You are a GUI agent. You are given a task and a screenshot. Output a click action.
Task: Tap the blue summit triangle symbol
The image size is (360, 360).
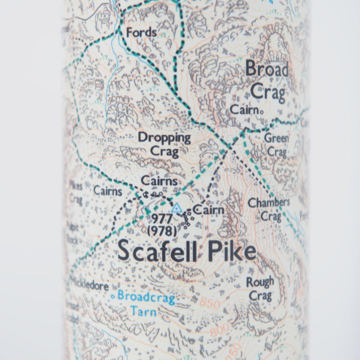[x=177, y=208]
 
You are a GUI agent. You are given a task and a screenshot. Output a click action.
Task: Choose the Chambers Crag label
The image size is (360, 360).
[x=269, y=209]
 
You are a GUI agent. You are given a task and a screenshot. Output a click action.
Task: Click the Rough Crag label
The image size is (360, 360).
[x=260, y=288]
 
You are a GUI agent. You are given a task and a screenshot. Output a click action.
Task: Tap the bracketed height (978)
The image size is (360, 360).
[x=162, y=231]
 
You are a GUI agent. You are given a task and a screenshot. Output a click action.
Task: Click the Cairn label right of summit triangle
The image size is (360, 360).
[x=208, y=211]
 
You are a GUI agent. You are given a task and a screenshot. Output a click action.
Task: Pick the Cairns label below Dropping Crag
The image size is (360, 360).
[x=159, y=181]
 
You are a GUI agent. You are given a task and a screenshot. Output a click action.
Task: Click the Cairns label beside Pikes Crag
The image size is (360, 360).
[x=108, y=191]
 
